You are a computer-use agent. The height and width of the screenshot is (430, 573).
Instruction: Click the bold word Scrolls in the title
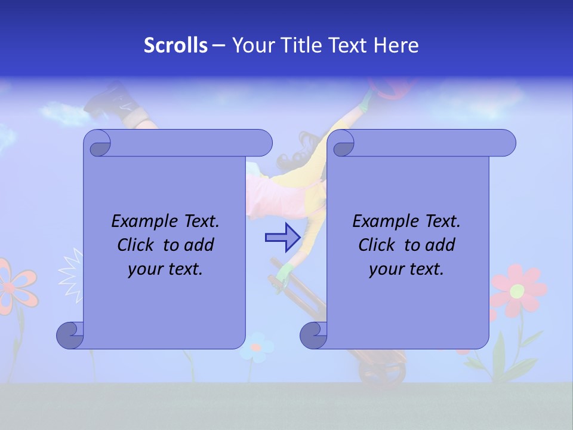pos(175,45)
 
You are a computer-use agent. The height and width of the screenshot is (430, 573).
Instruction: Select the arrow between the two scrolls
pos(282,238)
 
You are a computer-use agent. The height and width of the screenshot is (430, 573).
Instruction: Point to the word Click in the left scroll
pos(138,245)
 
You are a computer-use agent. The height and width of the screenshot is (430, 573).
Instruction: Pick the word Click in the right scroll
pos(379,245)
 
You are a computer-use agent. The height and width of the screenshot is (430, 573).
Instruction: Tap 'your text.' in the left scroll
pos(165,269)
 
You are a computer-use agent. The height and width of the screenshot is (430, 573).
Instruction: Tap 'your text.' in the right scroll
pos(406,269)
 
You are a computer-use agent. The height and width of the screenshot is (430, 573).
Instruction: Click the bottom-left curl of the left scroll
pos(70,335)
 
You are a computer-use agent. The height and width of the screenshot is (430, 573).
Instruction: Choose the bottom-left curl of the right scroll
pos(313,335)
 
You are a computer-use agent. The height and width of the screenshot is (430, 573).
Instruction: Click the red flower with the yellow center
pos(517,291)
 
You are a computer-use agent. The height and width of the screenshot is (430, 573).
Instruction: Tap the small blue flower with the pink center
pos(257,346)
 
